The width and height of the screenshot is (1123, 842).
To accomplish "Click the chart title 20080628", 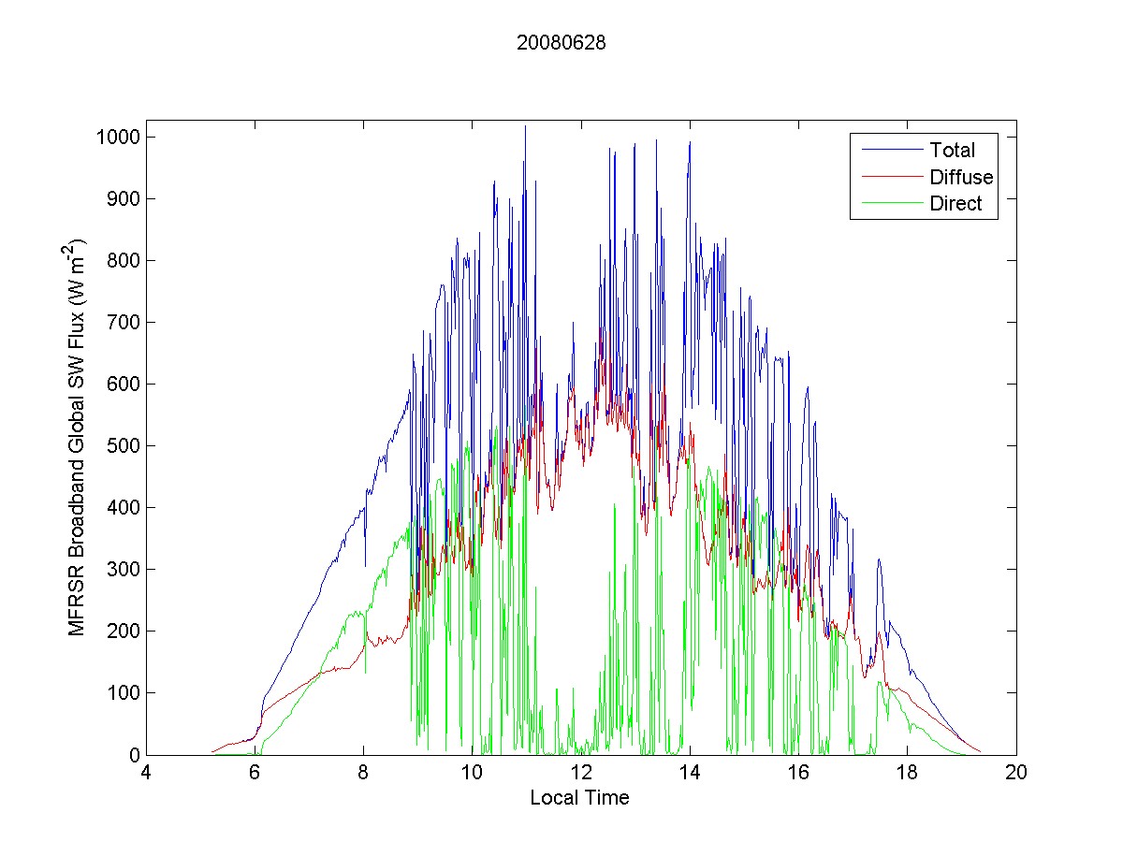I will pos(561,42).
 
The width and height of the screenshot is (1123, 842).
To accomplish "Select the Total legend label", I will pos(952,150).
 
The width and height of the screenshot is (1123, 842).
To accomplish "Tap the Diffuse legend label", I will pos(961,177).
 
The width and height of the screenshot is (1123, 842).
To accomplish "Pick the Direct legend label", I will pos(955,205).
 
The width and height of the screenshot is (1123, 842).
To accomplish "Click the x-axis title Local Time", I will pos(579,798).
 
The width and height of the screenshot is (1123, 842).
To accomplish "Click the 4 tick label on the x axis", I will pos(146,773).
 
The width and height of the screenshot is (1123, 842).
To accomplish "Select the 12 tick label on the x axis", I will pos(581,773).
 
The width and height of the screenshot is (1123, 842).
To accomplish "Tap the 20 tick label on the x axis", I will pos(1016,773).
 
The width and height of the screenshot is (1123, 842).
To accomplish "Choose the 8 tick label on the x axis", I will pos(363,773).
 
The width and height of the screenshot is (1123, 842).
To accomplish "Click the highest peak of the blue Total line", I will pos(525,126).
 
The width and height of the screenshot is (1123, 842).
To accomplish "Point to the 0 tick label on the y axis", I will pos(134,755).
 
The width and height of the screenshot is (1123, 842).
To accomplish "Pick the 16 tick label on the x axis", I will pos(798,773).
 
